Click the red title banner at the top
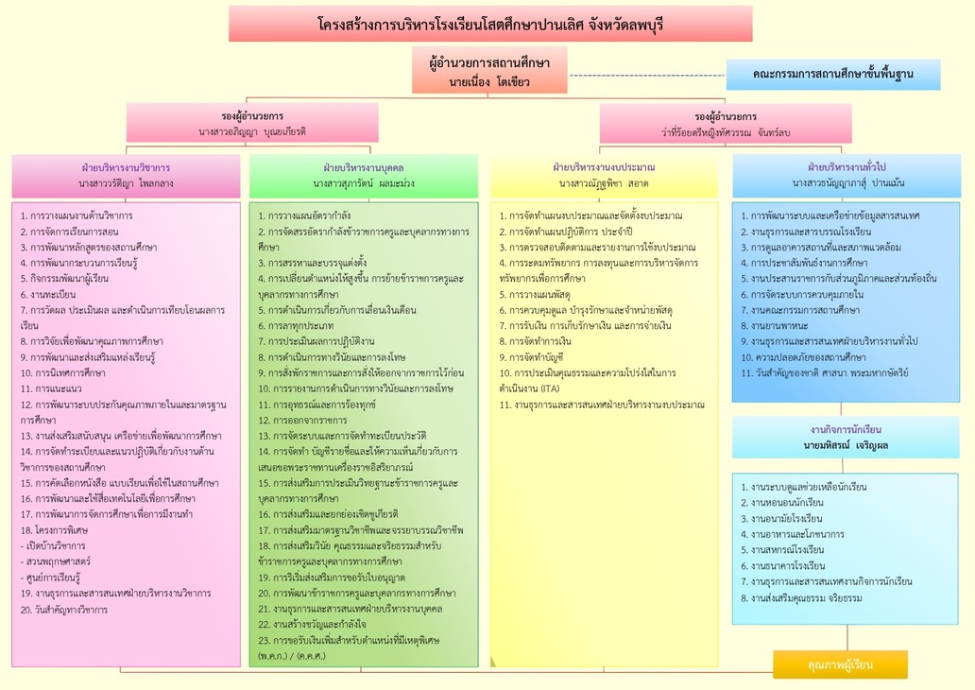tap(490, 24)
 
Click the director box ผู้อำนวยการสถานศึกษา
tap(489, 70)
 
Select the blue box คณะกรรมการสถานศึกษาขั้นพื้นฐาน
tap(833, 75)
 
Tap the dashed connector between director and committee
tap(646, 76)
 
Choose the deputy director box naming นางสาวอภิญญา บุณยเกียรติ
tap(252, 123)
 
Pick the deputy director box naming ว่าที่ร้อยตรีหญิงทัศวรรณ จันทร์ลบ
tap(726, 124)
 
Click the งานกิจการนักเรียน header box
tap(846, 438)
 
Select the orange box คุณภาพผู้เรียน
tap(841, 665)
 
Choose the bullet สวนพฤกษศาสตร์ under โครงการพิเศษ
tap(55, 561)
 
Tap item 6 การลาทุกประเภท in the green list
tap(296, 325)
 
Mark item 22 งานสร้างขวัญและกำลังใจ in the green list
tap(312, 624)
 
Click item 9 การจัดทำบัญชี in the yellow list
tap(532, 357)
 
